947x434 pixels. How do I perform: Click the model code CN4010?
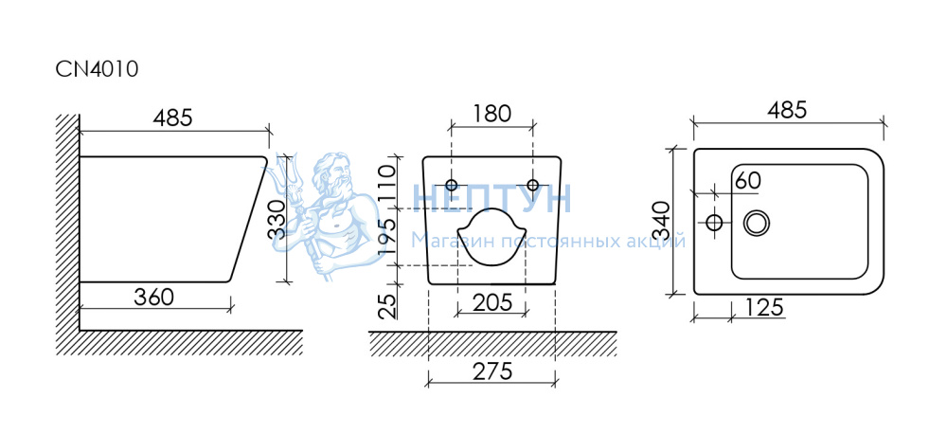[x=98, y=69]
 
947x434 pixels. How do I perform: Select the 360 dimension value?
[x=154, y=297]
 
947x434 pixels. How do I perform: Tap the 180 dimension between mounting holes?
[x=491, y=114]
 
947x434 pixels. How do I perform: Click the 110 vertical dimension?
[x=386, y=183]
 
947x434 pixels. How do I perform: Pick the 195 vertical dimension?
[x=386, y=237]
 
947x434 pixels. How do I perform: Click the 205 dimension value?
[x=491, y=303]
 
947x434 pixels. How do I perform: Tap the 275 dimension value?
[x=491, y=371]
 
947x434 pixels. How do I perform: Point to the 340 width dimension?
[x=663, y=221]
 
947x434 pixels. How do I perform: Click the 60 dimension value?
[x=747, y=180]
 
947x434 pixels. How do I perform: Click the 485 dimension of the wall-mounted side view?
[x=173, y=118]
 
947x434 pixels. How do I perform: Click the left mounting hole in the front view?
[x=452, y=184]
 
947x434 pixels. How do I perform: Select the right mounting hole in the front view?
[x=532, y=184]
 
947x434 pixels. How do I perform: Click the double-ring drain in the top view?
[x=757, y=223]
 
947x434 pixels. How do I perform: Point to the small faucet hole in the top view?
[x=715, y=223]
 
